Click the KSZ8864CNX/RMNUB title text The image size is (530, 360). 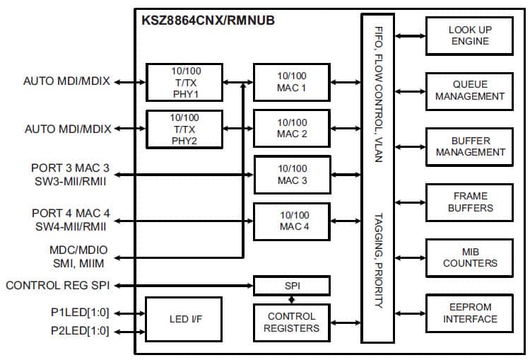point(208,20)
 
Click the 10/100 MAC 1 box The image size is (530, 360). point(292,82)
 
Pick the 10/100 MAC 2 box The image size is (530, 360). point(292,128)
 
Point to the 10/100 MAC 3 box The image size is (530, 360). point(292,174)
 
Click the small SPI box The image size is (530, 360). point(292,286)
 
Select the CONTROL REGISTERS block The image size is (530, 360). point(292,322)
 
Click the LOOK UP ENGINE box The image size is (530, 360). point(470,35)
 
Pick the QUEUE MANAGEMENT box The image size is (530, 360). point(470,91)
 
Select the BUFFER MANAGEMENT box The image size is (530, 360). point(470,146)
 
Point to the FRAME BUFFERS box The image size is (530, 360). point(470,202)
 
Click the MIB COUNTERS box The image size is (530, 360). point(470,257)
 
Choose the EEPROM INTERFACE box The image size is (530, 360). point(470,313)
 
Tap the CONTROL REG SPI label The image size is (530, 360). point(58,286)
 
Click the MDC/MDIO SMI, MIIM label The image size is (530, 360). point(76,256)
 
